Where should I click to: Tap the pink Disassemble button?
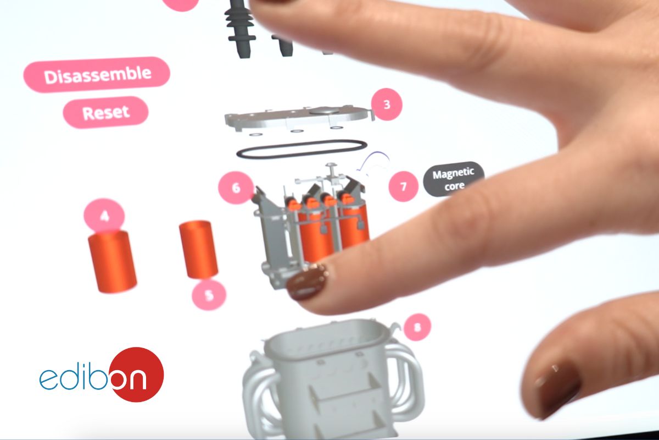coord(97,75)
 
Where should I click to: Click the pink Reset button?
coord(105,112)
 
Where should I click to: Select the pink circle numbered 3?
coord(387,105)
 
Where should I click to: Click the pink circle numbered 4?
coord(104,216)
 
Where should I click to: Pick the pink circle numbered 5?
coord(209,295)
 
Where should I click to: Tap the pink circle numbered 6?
coord(236,188)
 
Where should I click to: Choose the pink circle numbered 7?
coord(403,186)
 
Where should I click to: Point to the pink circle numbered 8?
coord(417,327)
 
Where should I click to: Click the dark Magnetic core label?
coord(454,179)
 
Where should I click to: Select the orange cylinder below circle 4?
coord(113,261)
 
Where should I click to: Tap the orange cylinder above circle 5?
coord(199,249)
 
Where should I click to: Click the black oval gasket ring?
coord(302,150)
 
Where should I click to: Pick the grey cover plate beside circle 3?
coord(299,118)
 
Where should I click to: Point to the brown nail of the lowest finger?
coord(556,388)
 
